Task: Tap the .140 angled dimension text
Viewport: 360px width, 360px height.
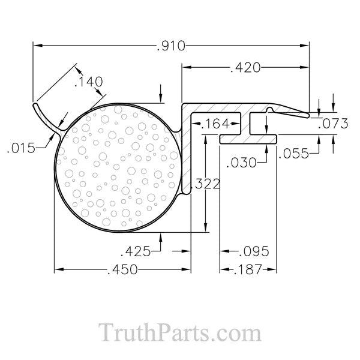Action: (x=88, y=82)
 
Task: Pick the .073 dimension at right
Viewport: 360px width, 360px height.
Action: (x=333, y=124)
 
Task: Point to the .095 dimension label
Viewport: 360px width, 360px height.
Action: (x=251, y=250)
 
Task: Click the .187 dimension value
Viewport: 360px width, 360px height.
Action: (x=248, y=270)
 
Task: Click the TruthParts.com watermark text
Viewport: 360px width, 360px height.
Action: (x=179, y=332)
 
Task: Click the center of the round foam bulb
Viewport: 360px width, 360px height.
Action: (x=118, y=166)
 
